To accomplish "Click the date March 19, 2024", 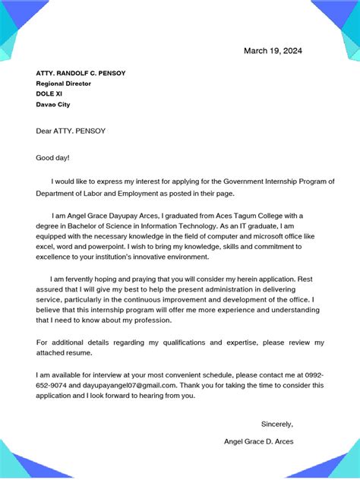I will pyautogui.click(x=273, y=51).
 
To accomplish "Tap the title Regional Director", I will pyautogui.click(x=64, y=84).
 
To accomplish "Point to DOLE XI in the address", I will pyautogui.click(x=50, y=94).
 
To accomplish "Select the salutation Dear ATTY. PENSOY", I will pyautogui.click(x=71, y=131).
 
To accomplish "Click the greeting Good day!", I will pyautogui.click(x=53, y=157).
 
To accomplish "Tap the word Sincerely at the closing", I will pyautogui.click(x=276, y=424).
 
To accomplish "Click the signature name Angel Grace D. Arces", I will pyautogui.click(x=259, y=441).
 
